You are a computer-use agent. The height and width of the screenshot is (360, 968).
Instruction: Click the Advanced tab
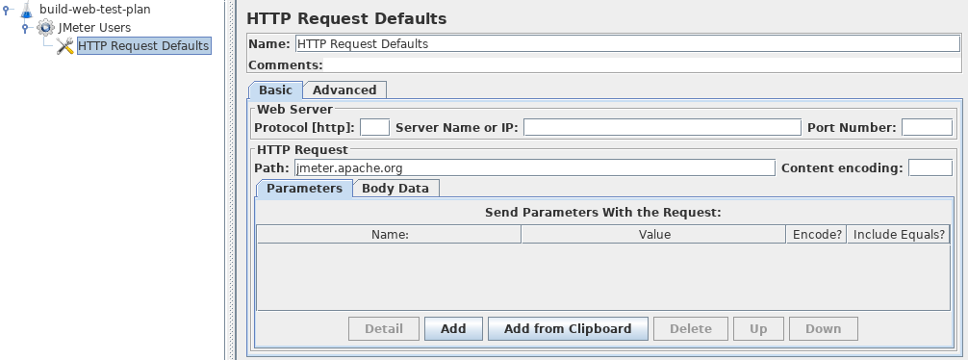(x=344, y=90)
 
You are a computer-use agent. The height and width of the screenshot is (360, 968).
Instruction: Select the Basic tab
(x=275, y=90)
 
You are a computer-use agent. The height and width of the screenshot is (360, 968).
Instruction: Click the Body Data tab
(x=395, y=188)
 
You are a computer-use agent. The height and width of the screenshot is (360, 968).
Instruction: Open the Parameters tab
(x=304, y=188)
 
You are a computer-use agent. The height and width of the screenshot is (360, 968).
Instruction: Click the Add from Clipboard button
(x=568, y=328)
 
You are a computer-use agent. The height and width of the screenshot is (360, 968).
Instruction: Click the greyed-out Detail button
(x=384, y=328)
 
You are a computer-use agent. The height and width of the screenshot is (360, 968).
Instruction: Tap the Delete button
(x=690, y=328)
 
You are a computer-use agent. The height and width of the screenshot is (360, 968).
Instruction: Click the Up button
(x=758, y=328)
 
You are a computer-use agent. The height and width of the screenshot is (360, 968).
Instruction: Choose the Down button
(x=823, y=328)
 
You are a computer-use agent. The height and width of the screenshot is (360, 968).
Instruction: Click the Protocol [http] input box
(x=374, y=127)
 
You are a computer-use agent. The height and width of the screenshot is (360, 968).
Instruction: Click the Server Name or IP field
(x=662, y=127)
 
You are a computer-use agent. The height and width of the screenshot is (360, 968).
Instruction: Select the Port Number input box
(x=927, y=127)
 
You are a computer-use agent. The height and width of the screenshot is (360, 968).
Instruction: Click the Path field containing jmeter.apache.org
(x=534, y=167)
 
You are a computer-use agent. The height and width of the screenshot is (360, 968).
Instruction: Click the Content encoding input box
(x=930, y=167)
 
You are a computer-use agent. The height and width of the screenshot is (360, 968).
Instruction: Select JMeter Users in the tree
(x=94, y=27)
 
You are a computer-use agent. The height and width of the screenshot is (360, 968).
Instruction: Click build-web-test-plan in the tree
(x=94, y=9)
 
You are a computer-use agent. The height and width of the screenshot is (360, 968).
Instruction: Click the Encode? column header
(x=816, y=234)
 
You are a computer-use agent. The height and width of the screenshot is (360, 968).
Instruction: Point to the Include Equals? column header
(x=899, y=234)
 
